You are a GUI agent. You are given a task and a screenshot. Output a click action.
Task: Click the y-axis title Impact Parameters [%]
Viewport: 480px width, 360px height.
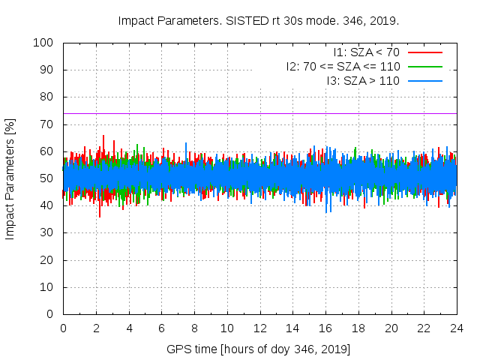pyautogui.click(x=10, y=178)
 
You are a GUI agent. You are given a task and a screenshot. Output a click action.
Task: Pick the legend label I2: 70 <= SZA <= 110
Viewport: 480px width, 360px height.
pyautogui.click(x=343, y=66)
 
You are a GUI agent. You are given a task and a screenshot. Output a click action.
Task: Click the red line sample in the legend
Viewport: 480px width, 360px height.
pyautogui.click(x=424, y=52)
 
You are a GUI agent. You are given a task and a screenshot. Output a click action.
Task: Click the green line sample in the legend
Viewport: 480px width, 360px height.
pyautogui.click(x=424, y=66)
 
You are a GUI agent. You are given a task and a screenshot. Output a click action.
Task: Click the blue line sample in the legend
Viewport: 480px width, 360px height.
pyautogui.click(x=424, y=80)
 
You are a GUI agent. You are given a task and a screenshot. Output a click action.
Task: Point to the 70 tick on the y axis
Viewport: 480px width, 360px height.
pyautogui.click(x=47, y=124)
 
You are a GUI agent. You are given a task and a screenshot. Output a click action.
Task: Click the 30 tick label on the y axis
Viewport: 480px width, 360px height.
pyautogui.click(x=47, y=232)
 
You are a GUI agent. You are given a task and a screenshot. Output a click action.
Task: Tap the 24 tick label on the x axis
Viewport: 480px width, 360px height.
pyautogui.click(x=456, y=328)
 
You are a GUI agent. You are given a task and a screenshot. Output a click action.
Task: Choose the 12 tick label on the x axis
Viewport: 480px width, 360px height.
pyautogui.click(x=259, y=328)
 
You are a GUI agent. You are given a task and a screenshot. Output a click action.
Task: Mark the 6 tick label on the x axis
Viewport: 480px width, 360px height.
pyautogui.click(x=161, y=328)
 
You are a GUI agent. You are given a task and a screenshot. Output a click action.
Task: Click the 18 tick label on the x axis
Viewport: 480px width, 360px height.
pyautogui.click(x=358, y=328)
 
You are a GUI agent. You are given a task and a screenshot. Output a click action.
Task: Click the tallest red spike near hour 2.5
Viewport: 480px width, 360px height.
pyautogui.click(x=103, y=136)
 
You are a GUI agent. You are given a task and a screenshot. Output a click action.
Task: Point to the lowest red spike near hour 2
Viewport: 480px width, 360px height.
pyautogui.click(x=100, y=216)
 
